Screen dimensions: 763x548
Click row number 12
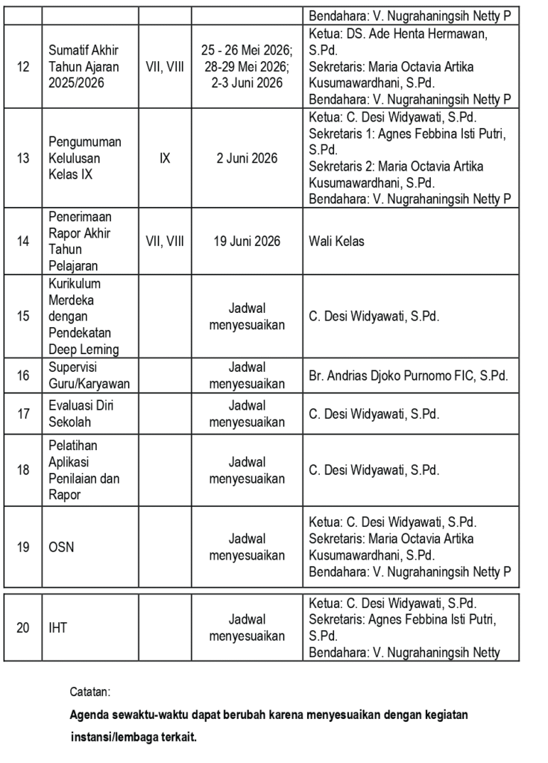coord(23,67)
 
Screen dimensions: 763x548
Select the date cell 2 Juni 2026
coord(247,158)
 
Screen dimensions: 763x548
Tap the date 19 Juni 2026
coord(247,241)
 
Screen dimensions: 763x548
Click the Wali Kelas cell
coord(336,241)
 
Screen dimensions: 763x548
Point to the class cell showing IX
coord(165,158)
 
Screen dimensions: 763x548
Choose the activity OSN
coord(61,547)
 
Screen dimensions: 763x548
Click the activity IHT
coord(57,628)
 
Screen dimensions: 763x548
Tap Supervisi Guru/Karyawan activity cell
coord(89,376)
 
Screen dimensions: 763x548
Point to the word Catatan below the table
coord(89,691)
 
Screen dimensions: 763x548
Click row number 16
coord(23,376)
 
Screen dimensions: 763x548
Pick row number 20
coord(23,628)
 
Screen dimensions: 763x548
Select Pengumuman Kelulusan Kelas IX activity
coord(84,158)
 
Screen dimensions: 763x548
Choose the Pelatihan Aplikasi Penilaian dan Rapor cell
coord(84,470)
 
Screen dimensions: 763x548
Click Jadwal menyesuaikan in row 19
coord(247,547)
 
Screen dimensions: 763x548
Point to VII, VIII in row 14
coord(165,241)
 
